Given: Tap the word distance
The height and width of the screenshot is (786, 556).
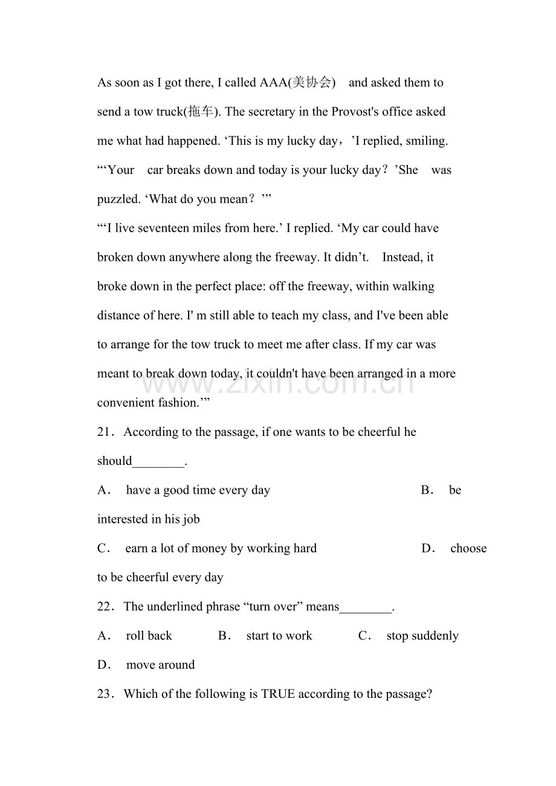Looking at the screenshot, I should (120, 315).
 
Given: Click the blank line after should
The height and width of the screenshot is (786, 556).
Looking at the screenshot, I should (158, 462).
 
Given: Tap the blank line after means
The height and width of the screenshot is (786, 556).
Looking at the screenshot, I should (366, 608).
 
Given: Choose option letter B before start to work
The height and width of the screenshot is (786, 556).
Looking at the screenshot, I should (224, 636).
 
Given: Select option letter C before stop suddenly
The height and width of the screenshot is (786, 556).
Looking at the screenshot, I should (364, 636).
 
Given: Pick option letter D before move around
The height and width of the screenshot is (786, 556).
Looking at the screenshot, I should (103, 665).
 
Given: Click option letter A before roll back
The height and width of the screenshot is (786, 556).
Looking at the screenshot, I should (103, 636).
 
